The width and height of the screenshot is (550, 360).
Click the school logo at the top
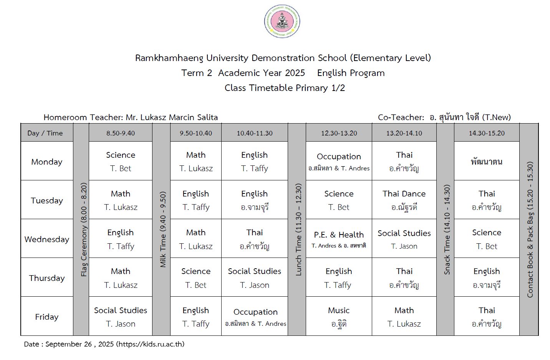point(282,21)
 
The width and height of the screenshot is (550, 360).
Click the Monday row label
point(46,162)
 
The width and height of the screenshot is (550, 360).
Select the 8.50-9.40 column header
point(121,133)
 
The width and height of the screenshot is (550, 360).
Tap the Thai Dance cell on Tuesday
point(404,200)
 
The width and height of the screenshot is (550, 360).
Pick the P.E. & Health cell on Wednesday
point(339,239)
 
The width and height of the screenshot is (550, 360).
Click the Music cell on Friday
point(339,316)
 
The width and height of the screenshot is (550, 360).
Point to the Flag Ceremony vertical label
point(84,230)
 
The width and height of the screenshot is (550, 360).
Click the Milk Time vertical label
point(163,230)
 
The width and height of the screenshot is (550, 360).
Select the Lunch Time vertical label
point(298,230)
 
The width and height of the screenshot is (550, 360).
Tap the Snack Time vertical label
point(447,230)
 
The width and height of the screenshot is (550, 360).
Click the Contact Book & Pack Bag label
point(530,230)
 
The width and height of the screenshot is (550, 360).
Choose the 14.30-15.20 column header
point(487,133)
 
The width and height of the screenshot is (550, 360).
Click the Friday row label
point(46,317)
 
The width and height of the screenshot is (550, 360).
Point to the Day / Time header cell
point(45,133)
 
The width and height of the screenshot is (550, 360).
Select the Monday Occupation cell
point(339,161)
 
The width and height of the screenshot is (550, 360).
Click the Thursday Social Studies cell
point(254,277)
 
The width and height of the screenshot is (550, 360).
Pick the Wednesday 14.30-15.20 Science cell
point(487,239)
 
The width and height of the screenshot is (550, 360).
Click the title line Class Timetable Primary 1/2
point(285,88)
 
